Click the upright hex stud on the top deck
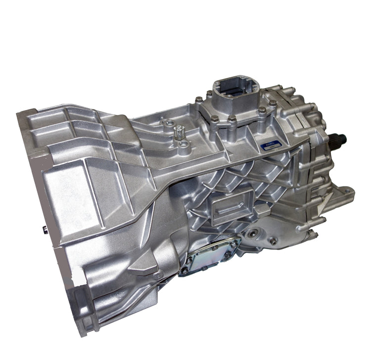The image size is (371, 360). tap(178, 132)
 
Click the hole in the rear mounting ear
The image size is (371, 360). tap(346, 194)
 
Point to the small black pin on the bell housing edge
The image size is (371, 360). tap(44, 229)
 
